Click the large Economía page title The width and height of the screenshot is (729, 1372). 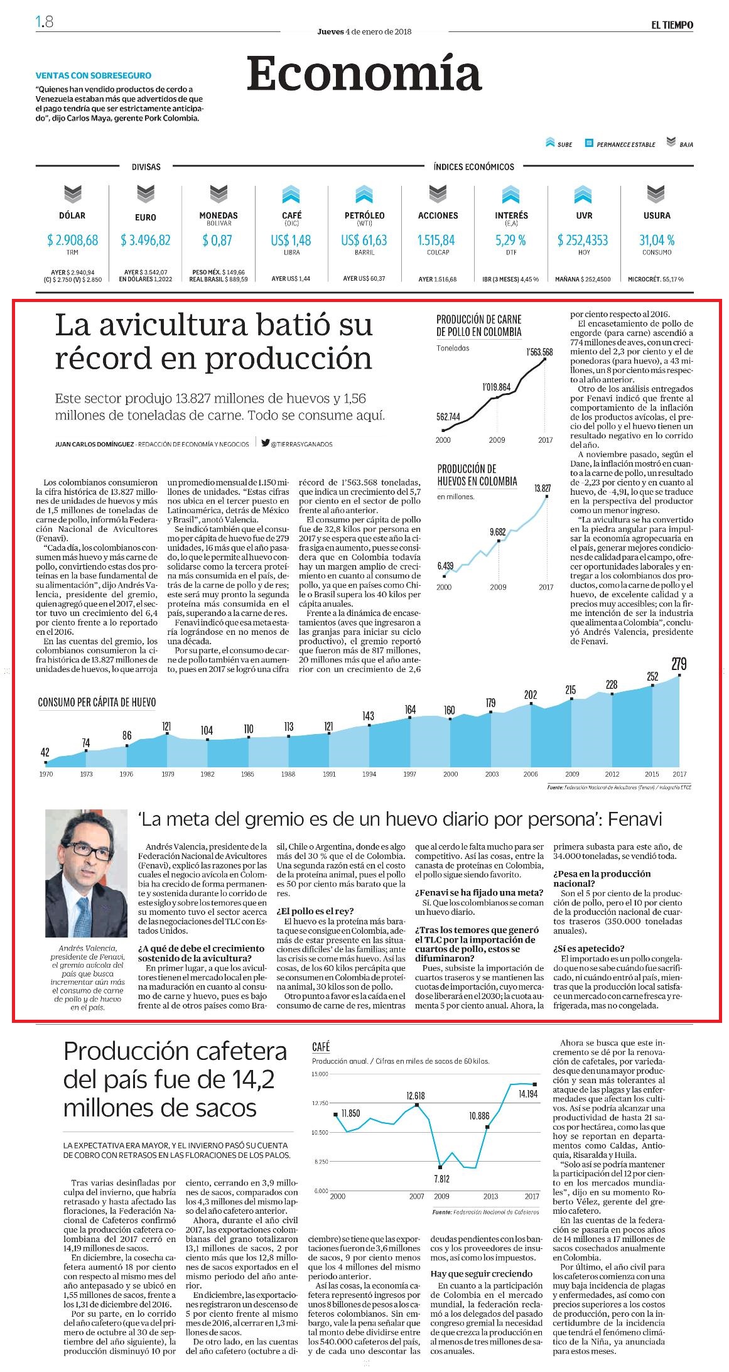pyautogui.click(x=364, y=73)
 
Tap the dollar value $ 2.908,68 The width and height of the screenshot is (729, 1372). pyautogui.click(x=72, y=240)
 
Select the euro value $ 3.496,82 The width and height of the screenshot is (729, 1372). pyautogui.click(x=146, y=240)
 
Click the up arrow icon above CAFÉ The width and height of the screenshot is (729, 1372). pyautogui.click(x=291, y=195)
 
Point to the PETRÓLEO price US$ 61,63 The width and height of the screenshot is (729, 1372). pyautogui.click(x=364, y=240)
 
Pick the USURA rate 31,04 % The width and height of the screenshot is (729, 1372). pyautogui.click(x=657, y=240)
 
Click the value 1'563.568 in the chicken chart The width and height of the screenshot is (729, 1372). pyautogui.click(x=539, y=352)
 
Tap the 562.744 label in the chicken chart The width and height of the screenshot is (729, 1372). pyautogui.click(x=448, y=417)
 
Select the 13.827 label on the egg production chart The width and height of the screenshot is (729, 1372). pyautogui.click(x=543, y=488)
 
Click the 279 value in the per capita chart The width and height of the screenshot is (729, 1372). pyautogui.click(x=679, y=664)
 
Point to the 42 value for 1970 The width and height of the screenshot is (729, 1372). pyautogui.click(x=45, y=752)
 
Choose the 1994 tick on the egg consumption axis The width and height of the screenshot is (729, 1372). pyautogui.click(x=369, y=774)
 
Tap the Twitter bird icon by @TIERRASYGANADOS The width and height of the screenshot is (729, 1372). pyautogui.click(x=266, y=443)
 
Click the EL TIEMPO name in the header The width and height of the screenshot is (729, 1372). pyautogui.click(x=672, y=25)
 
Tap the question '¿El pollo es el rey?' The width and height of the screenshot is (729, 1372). pyautogui.click(x=315, y=911)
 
